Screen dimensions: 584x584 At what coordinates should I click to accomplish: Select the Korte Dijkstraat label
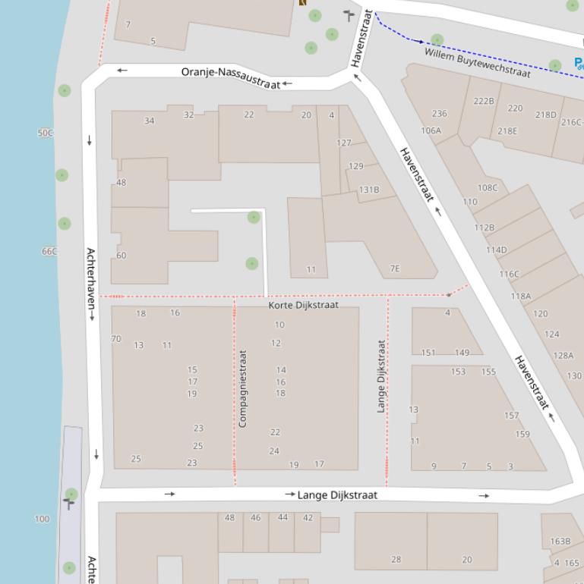(303, 305)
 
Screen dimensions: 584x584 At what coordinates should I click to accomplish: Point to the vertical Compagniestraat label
(243, 388)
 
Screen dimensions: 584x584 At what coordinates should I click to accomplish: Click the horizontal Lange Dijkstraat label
(336, 495)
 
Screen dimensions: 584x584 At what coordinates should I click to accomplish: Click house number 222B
(483, 101)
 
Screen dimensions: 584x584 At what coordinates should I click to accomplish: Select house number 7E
(394, 268)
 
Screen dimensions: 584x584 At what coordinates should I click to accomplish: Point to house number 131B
(369, 190)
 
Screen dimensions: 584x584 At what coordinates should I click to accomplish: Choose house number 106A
(431, 130)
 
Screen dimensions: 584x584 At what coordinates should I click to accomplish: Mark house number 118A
(520, 297)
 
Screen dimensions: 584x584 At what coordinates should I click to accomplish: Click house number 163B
(560, 542)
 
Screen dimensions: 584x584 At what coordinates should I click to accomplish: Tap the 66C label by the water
(49, 251)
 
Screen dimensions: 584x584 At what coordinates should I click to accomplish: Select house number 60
(121, 256)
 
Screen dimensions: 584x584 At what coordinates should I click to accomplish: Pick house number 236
(439, 114)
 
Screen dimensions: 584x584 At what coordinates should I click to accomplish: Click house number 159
(522, 435)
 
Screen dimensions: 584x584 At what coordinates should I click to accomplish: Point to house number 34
(149, 121)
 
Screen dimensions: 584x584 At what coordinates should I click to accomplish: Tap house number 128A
(563, 356)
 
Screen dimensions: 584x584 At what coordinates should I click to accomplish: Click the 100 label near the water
(42, 520)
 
